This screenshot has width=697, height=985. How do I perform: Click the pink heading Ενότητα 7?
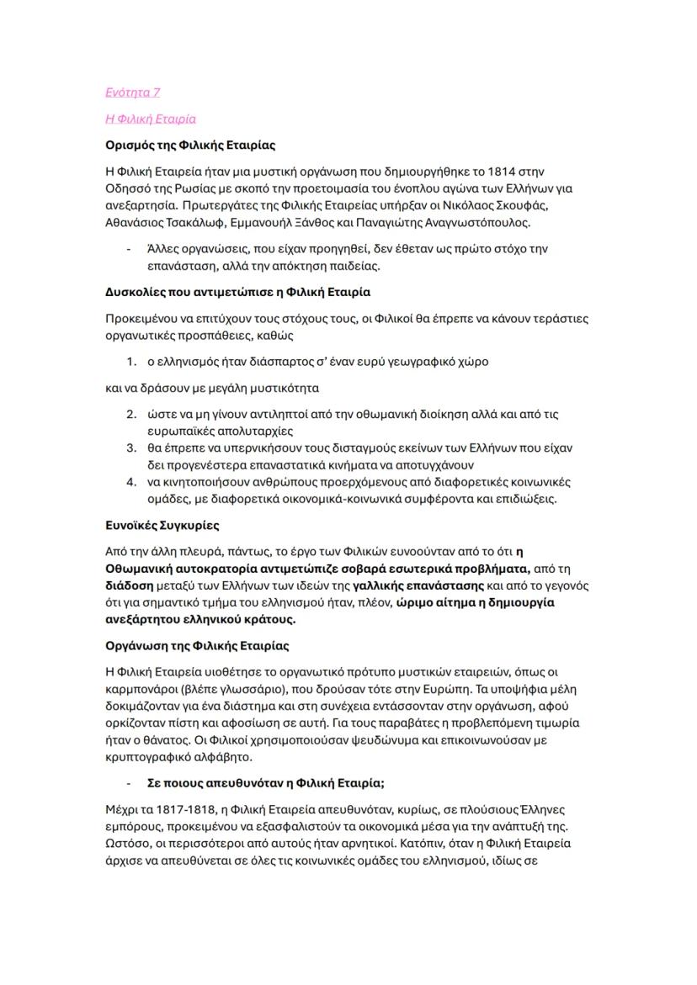click(132, 92)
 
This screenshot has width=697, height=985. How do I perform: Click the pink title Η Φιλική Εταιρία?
click(151, 119)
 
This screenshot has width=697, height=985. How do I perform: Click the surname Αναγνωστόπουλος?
click(482, 223)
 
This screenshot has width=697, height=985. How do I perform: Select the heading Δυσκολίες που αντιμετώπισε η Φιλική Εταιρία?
click(237, 292)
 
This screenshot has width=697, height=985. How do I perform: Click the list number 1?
click(130, 362)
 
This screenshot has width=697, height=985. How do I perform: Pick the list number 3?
click(130, 447)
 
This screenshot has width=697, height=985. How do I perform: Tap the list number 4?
click(130, 482)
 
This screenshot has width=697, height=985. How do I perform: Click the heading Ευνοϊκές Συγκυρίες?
click(162, 525)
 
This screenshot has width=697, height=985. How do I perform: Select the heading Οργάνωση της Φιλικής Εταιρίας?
click(197, 645)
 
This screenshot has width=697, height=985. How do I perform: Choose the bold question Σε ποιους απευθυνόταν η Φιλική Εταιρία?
click(265, 782)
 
